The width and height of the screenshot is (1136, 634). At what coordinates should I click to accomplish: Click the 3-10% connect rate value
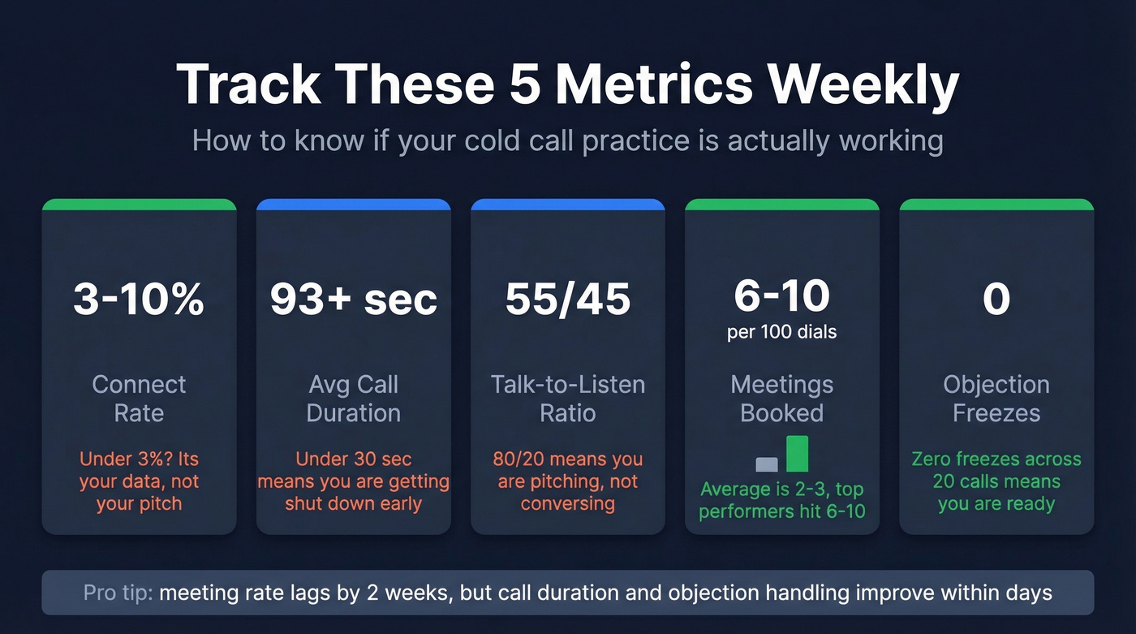[139, 300]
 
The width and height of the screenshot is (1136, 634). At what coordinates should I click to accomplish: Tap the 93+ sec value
[353, 300]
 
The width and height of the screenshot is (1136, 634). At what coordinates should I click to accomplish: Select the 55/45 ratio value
[567, 300]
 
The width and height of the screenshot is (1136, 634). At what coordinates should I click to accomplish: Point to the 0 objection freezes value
[996, 300]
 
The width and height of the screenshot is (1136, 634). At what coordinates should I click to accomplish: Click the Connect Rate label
[139, 399]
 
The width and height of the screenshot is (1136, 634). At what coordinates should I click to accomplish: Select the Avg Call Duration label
[353, 399]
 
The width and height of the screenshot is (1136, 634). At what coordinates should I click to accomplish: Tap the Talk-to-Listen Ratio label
[567, 399]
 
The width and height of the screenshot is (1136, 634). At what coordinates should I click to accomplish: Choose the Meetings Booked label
[781, 399]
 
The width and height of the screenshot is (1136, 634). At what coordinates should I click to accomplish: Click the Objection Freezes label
[996, 399]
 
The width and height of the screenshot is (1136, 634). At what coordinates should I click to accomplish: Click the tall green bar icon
[797, 454]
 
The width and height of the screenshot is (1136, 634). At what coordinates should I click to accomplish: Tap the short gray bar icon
[767, 464]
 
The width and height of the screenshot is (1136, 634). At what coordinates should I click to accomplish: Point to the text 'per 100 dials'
[781, 333]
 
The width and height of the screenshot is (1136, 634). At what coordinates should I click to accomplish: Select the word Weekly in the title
[864, 84]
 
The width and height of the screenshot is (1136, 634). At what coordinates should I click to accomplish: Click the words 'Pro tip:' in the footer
[118, 593]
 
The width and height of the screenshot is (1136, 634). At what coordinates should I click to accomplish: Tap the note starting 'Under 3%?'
[139, 481]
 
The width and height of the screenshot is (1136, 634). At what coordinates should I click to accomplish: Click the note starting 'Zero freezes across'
[996, 481]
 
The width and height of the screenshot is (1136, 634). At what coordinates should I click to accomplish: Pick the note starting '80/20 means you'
[567, 481]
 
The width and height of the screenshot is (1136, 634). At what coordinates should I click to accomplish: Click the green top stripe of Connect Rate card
[139, 205]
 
